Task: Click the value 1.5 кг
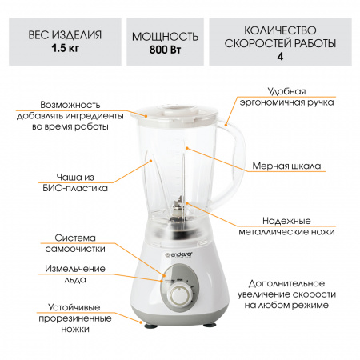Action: point(66,48)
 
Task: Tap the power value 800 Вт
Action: point(165,50)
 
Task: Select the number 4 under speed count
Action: point(280,56)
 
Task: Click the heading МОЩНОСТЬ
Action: point(165,37)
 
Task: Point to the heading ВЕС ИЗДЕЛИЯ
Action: point(65,35)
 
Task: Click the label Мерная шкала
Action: point(286,166)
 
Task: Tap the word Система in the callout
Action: point(75,238)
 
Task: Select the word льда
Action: point(75,279)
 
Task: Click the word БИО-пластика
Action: point(75,188)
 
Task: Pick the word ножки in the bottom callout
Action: point(75,329)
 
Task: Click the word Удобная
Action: point(286,91)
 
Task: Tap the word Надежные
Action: point(286,221)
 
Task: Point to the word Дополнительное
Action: point(286,283)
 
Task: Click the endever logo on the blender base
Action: point(178,254)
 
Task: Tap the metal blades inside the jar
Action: point(178,210)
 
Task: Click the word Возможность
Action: point(70,105)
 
